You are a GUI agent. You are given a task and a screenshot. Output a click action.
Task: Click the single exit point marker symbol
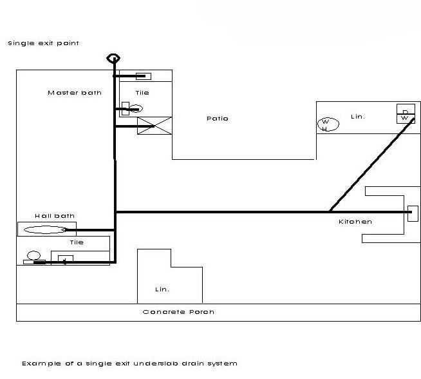(113, 57)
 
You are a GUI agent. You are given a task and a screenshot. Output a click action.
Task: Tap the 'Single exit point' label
(43, 43)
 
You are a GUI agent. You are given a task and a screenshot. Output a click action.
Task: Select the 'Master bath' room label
(75, 93)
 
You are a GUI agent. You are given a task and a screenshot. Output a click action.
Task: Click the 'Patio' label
(218, 119)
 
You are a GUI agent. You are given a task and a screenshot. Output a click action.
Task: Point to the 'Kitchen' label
(355, 222)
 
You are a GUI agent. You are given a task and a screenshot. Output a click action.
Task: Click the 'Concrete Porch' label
(178, 312)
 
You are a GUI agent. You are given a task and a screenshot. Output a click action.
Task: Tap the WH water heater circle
(325, 124)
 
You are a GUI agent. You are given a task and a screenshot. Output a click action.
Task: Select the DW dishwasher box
(405, 114)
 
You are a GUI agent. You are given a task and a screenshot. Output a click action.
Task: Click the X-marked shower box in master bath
(154, 125)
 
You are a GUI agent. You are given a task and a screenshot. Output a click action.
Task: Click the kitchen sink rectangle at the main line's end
(413, 212)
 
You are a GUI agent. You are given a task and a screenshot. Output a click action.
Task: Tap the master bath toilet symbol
(129, 109)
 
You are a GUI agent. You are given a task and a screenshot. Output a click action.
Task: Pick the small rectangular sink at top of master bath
(143, 76)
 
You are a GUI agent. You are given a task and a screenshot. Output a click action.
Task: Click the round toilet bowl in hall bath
(34, 255)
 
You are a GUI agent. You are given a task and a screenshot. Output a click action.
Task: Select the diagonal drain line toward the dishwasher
(370, 164)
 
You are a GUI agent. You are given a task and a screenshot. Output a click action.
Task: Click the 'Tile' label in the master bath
(142, 93)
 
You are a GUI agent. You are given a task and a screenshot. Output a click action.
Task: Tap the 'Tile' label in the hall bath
(77, 242)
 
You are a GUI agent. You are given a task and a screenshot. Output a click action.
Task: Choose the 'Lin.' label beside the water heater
(357, 117)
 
